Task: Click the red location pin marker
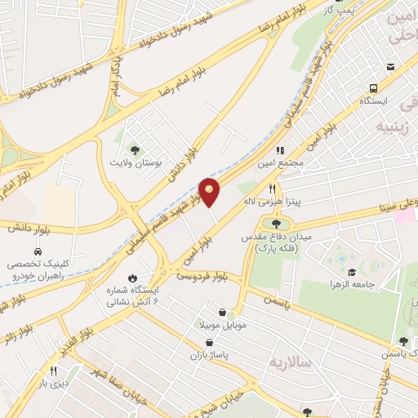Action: pos(210,191)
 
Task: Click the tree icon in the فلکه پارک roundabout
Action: pos(276,222)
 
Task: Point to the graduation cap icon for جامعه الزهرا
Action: pos(352,271)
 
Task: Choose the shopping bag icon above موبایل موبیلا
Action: pos(223,311)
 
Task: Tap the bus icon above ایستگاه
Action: pos(373,87)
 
